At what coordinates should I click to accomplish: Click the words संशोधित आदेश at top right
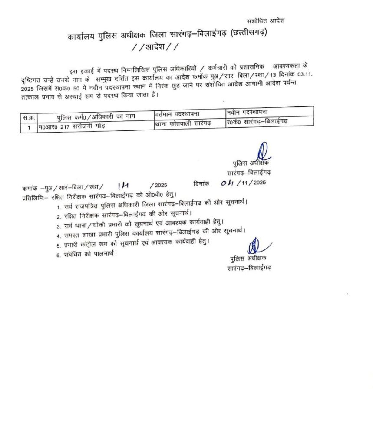pyautogui.click(x=265, y=20)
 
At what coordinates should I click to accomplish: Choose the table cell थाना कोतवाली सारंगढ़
pyautogui.click(x=182, y=124)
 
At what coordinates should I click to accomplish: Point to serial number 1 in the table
pyautogui.click(x=29, y=127)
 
